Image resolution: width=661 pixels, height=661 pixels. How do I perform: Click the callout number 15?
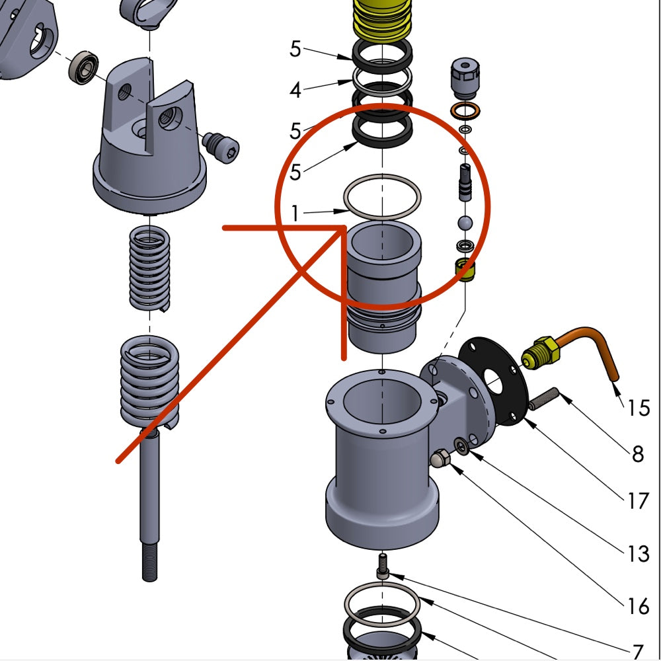coord(639,407)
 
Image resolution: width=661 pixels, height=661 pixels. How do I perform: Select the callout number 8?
coord(638,454)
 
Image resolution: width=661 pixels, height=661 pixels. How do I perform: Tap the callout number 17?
coord(638,502)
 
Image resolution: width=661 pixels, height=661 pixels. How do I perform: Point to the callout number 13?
coord(638,553)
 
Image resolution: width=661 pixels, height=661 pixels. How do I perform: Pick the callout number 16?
coord(639,605)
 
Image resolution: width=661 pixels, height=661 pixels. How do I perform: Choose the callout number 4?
coord(295,89)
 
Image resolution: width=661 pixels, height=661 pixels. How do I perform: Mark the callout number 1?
coord(295,213)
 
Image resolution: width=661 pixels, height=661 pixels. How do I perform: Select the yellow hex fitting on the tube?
coord(540,352)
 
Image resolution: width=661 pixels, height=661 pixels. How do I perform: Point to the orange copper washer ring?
coord(465,109)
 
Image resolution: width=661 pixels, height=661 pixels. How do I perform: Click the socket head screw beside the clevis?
coord(221,146)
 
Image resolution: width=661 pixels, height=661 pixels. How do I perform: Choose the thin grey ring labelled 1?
coord(381,197)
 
